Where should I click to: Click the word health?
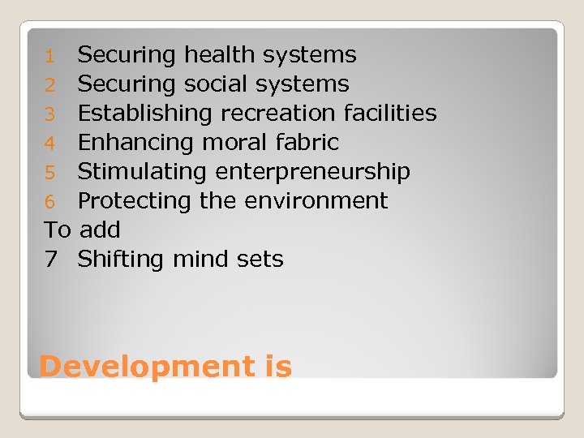[216, 55]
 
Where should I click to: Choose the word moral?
[236, 143]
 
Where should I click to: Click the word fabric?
[309, 143]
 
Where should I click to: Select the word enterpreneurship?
[312, 173]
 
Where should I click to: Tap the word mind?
[194, 260]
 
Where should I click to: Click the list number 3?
[49, 114]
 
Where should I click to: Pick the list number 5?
[49, 173]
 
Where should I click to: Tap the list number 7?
[50, 260]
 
